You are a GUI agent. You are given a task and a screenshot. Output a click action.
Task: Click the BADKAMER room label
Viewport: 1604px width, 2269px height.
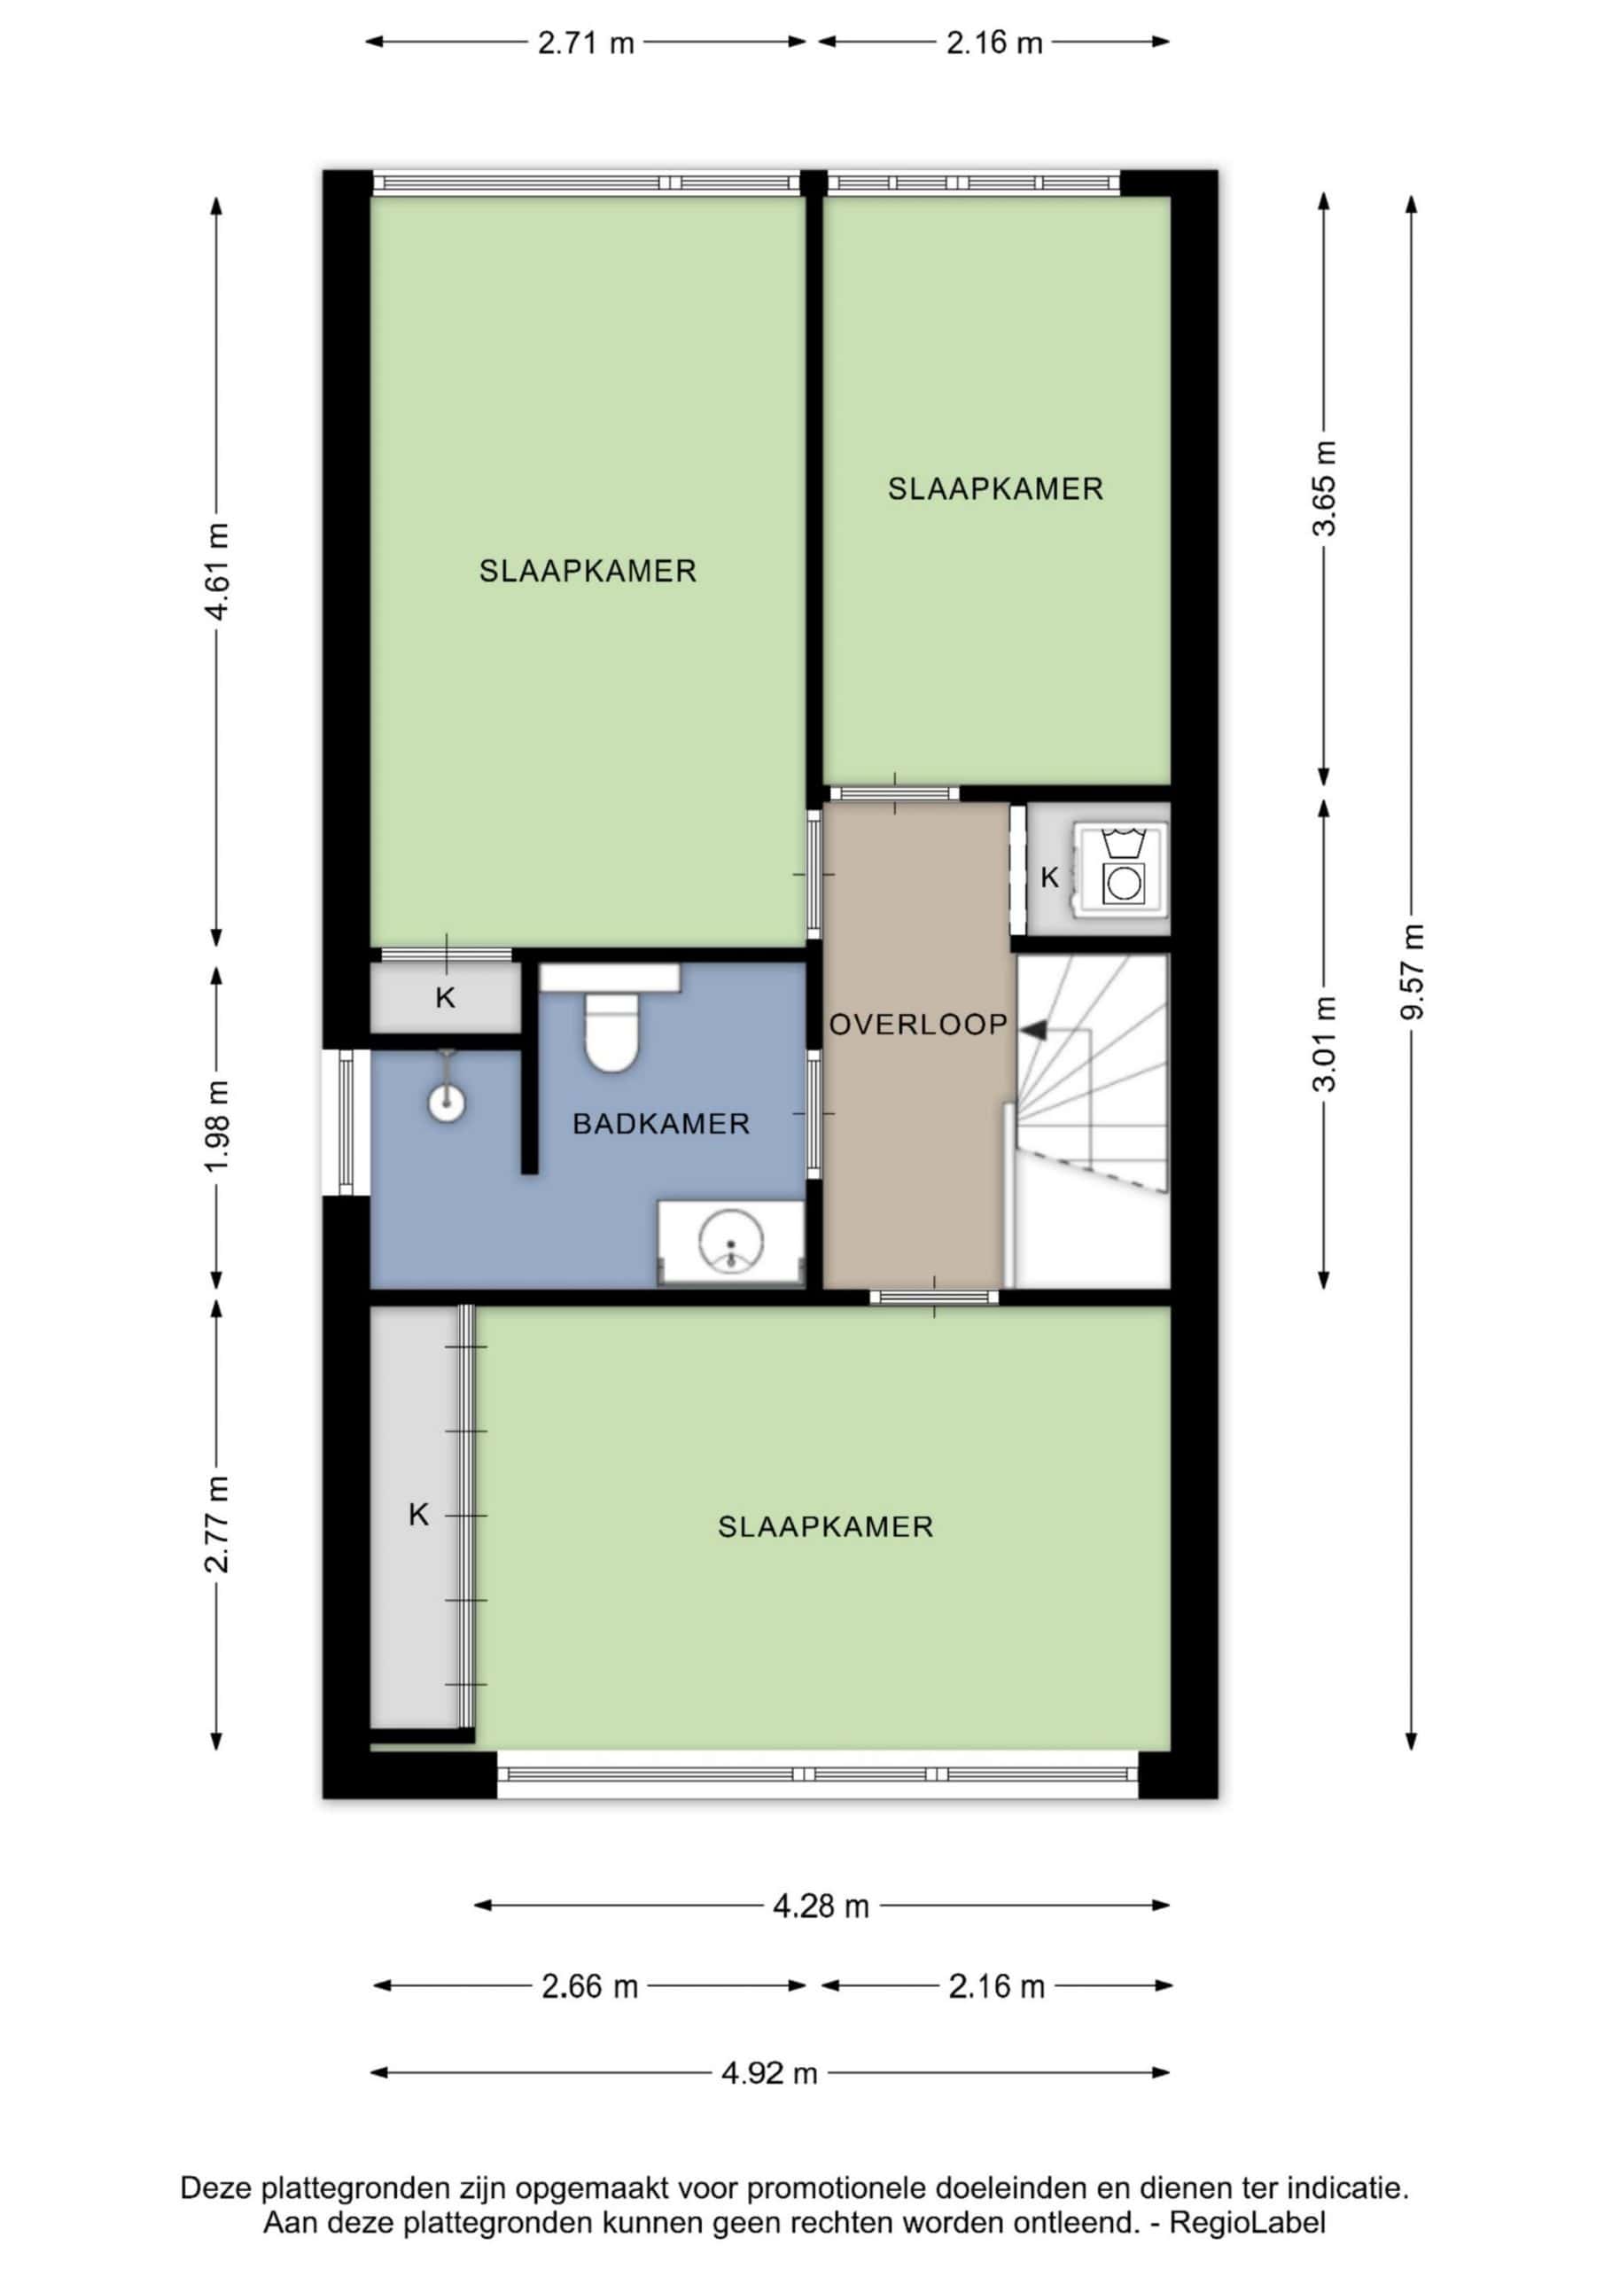pyautogui.click(x=661, y=1124)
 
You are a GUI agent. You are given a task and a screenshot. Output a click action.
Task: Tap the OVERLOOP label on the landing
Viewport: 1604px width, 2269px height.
pyautogui.click(x=918, y=1025)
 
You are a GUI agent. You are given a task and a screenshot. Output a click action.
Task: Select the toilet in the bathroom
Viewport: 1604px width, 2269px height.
pyautogui.click(x=611, y=1032)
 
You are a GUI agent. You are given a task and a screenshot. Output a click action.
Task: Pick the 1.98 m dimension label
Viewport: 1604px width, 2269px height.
pyautogui.click(x=216, y=1126)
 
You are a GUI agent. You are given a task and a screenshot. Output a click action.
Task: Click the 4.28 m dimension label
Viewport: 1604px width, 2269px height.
pyautogui.click(x=821, y=1906)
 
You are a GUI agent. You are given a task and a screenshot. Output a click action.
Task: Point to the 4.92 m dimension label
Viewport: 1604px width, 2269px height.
pyautogui.click(x=769, y=2072)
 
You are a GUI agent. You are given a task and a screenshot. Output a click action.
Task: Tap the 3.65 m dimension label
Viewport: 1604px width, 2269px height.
pyautogui.click(x=1323, y=489)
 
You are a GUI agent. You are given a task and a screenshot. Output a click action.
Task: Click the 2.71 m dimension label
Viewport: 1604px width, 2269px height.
pyautogui.click(x=586, y=43)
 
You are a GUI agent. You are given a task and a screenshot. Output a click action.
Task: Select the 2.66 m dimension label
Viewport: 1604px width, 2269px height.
pyautogui.click(x=590, y=1986)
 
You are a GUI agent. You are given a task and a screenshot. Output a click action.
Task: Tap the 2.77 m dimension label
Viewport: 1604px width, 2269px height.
pyautogui.click(x=216, y=1524)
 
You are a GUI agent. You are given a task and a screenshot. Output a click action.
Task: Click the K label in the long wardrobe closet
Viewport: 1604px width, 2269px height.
pyautogui.click(x=419, y=1515)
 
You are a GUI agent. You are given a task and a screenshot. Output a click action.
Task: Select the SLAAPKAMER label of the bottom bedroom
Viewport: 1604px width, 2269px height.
pyautogui.click(x=825, y=1527)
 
